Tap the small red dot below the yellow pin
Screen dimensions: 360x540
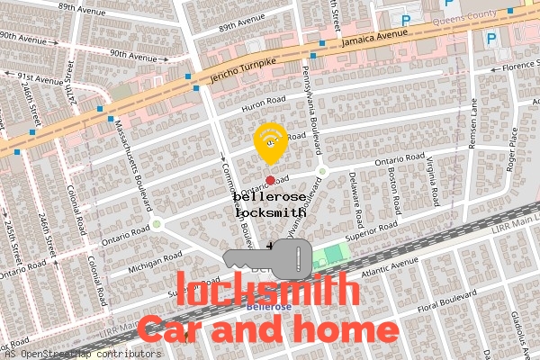[x=270, y=180]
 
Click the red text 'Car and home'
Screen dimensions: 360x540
[x=266, y=328]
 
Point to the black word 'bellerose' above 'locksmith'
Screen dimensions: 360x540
[x=269, y=196]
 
